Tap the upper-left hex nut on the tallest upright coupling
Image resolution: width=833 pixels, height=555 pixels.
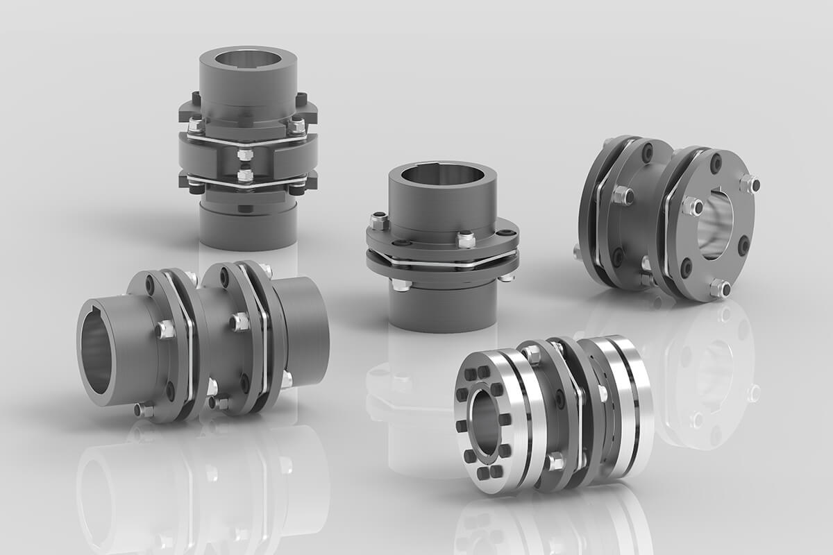point(196,126)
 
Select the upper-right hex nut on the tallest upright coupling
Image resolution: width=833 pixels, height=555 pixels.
point(296,126)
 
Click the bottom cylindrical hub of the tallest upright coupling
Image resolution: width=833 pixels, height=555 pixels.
point(247,225)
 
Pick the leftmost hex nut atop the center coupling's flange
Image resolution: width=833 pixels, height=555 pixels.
point(378,221)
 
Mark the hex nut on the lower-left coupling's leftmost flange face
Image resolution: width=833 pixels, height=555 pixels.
point(165,329)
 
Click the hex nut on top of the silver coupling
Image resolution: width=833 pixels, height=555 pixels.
point(532,355)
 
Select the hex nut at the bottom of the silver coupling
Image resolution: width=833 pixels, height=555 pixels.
point(555,461)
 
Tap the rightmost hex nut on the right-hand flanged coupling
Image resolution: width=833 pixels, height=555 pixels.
point(750,184)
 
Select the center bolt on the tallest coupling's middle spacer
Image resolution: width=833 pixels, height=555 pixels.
point(244,154)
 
